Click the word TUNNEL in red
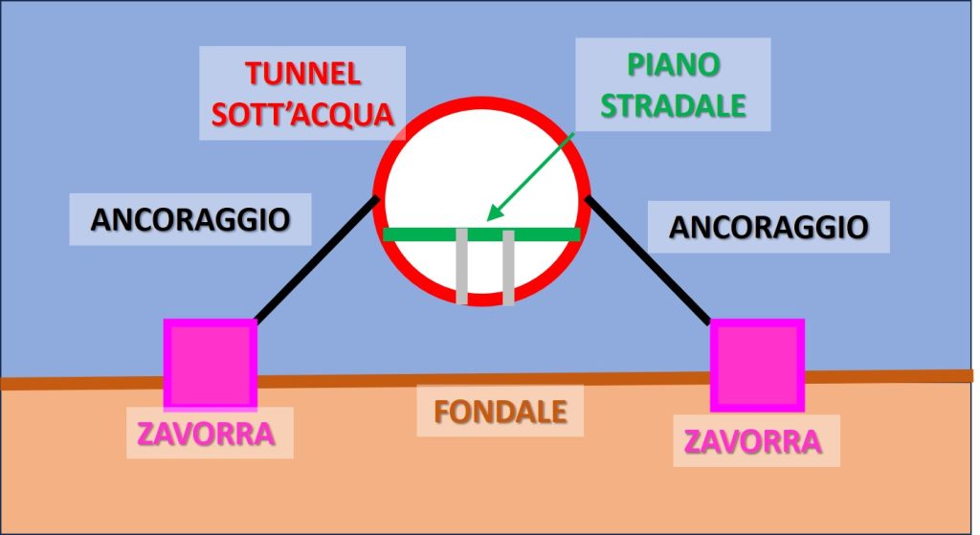coord(301,74)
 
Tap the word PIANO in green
coord(673,65)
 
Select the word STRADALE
coord(673,104)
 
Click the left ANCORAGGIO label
coord(190,219)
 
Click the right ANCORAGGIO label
coord(768,227)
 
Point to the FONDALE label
coord(501,411)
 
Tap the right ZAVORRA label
coord(753,441)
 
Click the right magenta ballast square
coord(756,365)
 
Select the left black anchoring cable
coord(316,259)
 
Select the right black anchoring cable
coord(649,259)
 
